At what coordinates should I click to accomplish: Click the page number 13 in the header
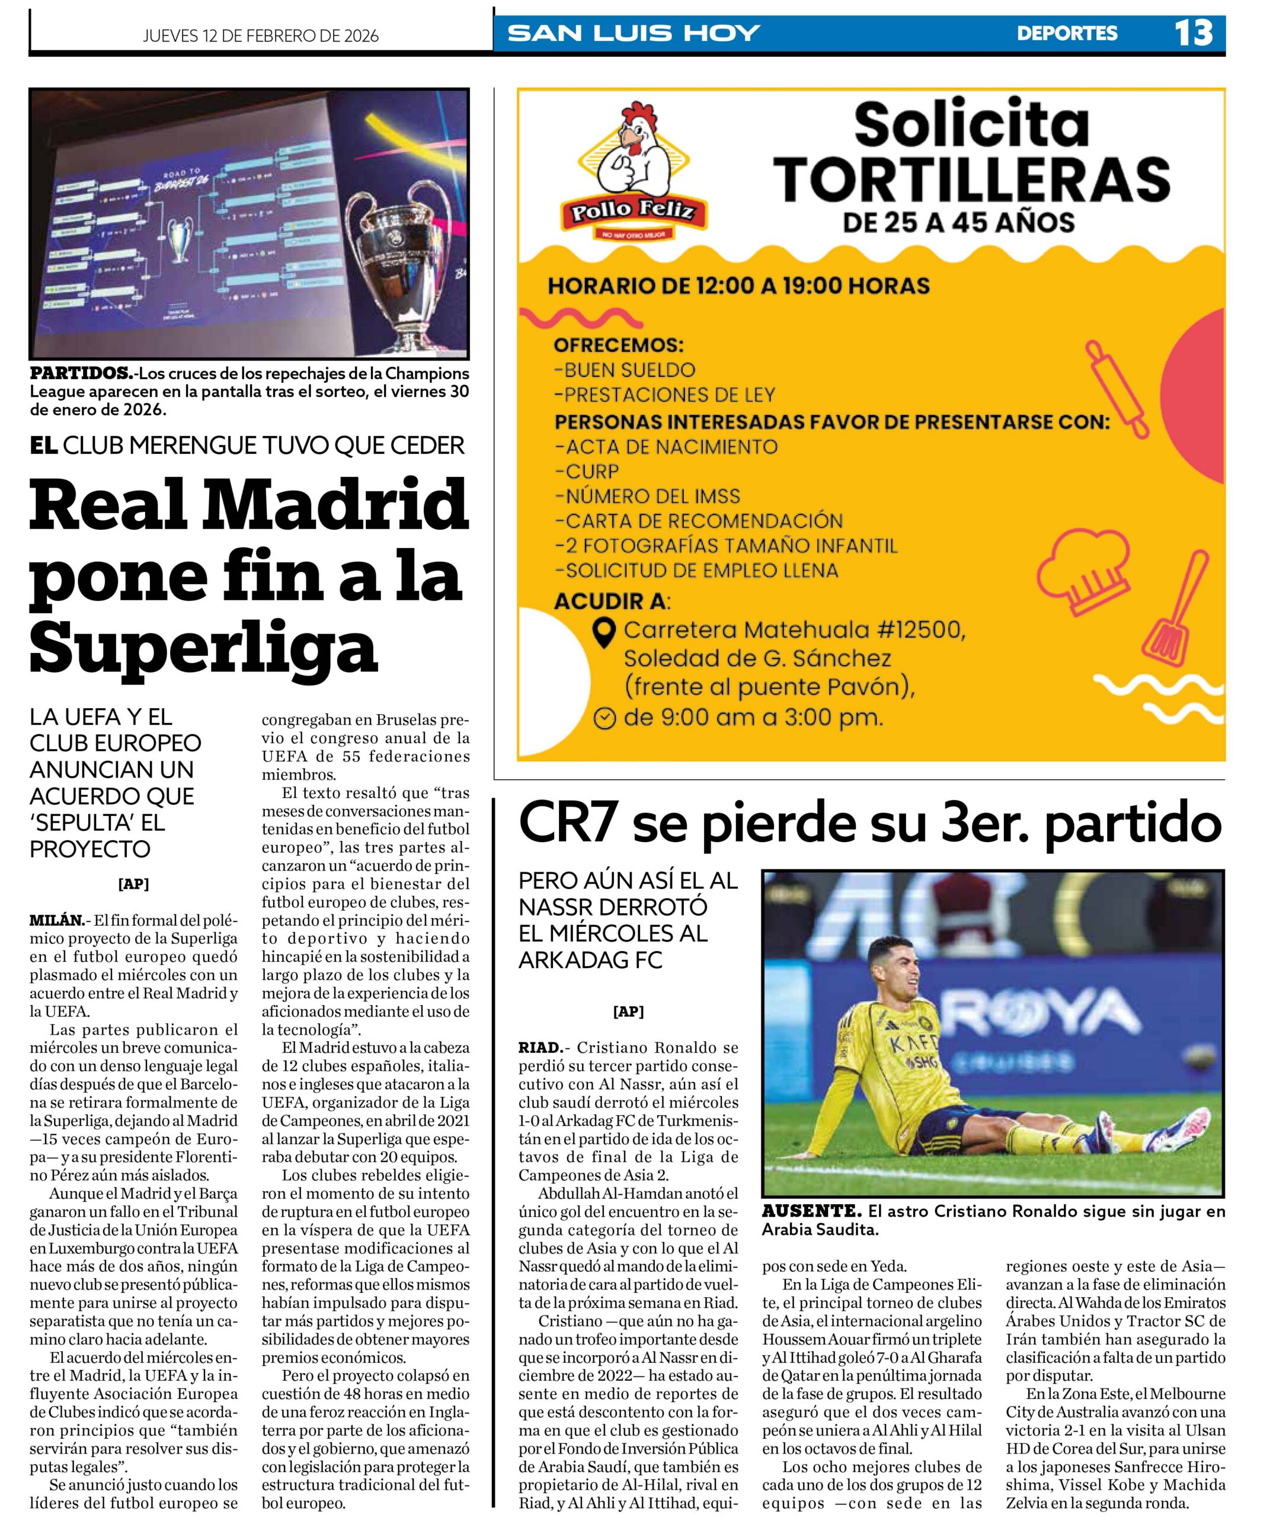(x=1193, y=33)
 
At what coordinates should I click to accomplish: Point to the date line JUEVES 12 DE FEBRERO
(x=260, y=36)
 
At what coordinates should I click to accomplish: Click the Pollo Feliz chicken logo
(x=634, y=172)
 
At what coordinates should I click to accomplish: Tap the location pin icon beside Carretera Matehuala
(x=603, y=632)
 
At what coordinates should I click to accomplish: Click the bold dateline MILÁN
(x=56, y=920)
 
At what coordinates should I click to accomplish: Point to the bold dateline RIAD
(x=540, y=1048)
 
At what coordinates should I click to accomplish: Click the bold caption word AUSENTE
(x=811, y=1211)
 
